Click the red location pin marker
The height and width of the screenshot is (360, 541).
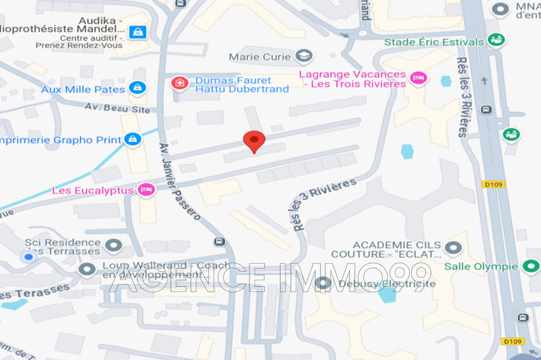point(254,141)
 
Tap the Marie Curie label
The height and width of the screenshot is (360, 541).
point(260,56)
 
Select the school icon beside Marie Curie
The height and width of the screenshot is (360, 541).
point(306,55)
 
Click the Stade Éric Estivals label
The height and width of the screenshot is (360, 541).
point(434,42)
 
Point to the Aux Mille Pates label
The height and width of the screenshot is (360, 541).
point(83,89)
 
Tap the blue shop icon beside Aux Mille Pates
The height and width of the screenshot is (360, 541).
point(137,88)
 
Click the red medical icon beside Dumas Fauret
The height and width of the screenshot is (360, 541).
point(179,83)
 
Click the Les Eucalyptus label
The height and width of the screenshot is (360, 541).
point(93,190)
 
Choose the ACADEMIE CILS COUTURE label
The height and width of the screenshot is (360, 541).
point(396,250)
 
